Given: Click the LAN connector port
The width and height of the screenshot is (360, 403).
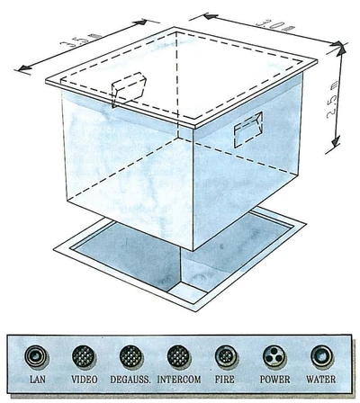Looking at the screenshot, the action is tap(36, 356).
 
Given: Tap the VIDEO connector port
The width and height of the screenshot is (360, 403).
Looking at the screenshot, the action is tap(84, 356).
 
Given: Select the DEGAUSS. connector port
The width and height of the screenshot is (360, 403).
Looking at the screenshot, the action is tap(130, 356).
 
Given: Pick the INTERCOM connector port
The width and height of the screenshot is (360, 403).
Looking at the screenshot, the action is tap(178, 356).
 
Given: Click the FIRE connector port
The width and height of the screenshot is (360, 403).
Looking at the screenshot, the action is tap(226, 356).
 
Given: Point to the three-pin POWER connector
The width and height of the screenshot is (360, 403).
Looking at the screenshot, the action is tap(274, 357).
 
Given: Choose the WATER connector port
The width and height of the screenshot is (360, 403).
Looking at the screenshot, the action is tap(322, 356).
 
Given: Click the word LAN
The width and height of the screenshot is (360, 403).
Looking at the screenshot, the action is tap(38, 380).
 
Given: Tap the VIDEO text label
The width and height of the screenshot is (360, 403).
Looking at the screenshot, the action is tap(85, 380).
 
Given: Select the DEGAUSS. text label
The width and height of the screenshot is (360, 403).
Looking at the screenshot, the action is tap(130, 380).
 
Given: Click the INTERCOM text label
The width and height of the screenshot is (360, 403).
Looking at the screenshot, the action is tap(179, 380).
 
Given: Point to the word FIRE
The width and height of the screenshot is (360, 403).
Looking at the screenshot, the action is tap(224, 380).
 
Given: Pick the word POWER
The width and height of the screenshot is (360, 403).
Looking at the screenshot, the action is tap(274, 380).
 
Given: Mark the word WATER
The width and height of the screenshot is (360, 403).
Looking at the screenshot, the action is tap(320, 380).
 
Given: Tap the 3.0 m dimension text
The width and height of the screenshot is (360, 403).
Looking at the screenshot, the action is tap(274, 25).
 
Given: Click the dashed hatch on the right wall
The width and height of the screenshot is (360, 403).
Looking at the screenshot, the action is tap(248, 130).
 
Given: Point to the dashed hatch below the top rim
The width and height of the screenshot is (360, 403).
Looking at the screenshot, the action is tap(129, 89).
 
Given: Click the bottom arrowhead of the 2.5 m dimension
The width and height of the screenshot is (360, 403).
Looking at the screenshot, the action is tap(336, 142).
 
